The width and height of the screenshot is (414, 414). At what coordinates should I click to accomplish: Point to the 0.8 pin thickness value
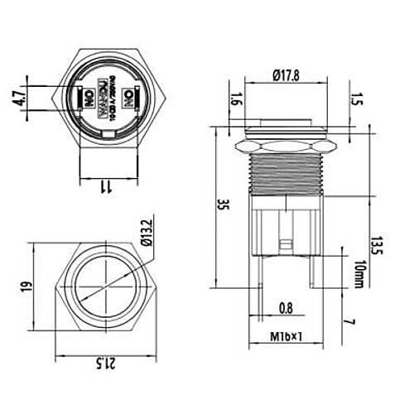point(285,309)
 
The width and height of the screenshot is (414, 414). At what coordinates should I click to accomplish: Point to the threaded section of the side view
point(285,181)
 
